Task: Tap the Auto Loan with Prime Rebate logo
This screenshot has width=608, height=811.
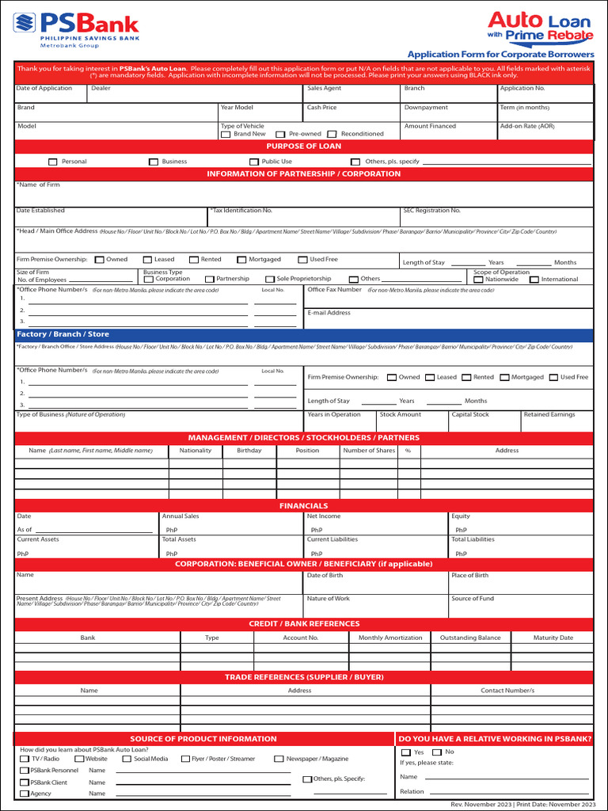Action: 540,25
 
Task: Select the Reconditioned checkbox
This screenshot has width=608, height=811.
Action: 332,135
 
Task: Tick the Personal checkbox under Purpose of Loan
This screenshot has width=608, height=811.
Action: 53,162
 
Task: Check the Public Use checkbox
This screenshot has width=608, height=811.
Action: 254,162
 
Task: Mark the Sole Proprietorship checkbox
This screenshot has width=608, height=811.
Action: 270,280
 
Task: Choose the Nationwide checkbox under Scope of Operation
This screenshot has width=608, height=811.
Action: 478,280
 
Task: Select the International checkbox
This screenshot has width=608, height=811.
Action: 534,280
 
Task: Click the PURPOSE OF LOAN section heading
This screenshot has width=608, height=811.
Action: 304,147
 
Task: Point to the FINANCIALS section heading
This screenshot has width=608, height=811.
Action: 304,505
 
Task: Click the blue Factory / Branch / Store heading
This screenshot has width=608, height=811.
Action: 63,334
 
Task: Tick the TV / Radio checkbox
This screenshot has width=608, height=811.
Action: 25,759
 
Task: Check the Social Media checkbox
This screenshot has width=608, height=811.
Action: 127,759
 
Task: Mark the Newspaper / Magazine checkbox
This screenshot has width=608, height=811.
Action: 279,759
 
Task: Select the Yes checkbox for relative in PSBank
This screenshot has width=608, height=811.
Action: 406,752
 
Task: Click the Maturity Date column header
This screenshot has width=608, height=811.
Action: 553,638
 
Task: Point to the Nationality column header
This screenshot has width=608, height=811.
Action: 196,451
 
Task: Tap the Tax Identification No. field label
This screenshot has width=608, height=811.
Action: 242,211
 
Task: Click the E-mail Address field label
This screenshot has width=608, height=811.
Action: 329,313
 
